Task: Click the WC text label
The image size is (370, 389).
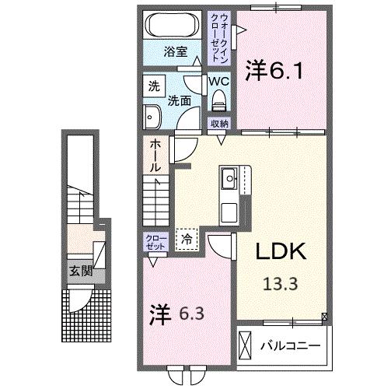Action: click(218, 80)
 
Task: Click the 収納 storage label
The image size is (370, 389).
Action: click(219, 123)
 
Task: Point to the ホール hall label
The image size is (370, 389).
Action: click(155, 156)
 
